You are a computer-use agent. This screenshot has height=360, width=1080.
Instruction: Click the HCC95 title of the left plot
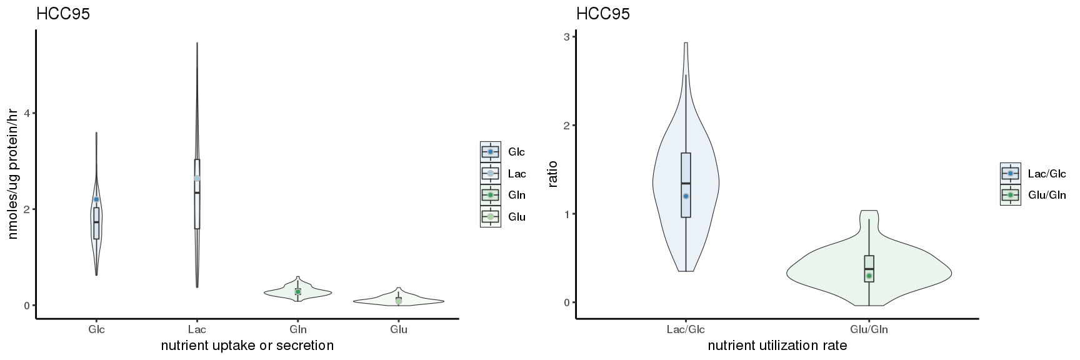(63, 14)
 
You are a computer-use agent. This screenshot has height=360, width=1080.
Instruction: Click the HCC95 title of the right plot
(603, 14)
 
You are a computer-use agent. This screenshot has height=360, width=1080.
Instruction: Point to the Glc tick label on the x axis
(97, 329)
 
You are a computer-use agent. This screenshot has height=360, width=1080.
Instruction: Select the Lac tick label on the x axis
(197, 329)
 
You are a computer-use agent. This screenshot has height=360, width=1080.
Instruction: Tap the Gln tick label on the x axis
(298, 329)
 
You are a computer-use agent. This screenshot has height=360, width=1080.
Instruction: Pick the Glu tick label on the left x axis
(399, 329)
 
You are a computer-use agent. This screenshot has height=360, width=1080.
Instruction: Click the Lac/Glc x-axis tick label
(686, 329)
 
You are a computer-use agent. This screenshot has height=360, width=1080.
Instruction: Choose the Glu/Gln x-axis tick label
(869, 329)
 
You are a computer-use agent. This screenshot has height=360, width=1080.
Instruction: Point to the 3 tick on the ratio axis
(566, 37)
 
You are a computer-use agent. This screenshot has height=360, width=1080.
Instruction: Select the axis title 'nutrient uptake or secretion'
(247, 346)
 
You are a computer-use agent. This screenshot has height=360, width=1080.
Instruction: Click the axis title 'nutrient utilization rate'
(777, 346)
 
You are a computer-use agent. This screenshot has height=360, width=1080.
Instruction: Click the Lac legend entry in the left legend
(516, 173)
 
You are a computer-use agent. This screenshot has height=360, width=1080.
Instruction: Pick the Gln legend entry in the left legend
(516, 195)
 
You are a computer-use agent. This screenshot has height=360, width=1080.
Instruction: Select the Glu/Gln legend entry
(1046, 195)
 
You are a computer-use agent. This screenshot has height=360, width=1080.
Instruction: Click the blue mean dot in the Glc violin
(96, 199)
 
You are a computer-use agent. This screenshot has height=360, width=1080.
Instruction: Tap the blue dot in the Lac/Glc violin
(686, 196)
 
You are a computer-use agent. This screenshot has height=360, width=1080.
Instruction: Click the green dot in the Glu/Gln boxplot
(869, 276)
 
